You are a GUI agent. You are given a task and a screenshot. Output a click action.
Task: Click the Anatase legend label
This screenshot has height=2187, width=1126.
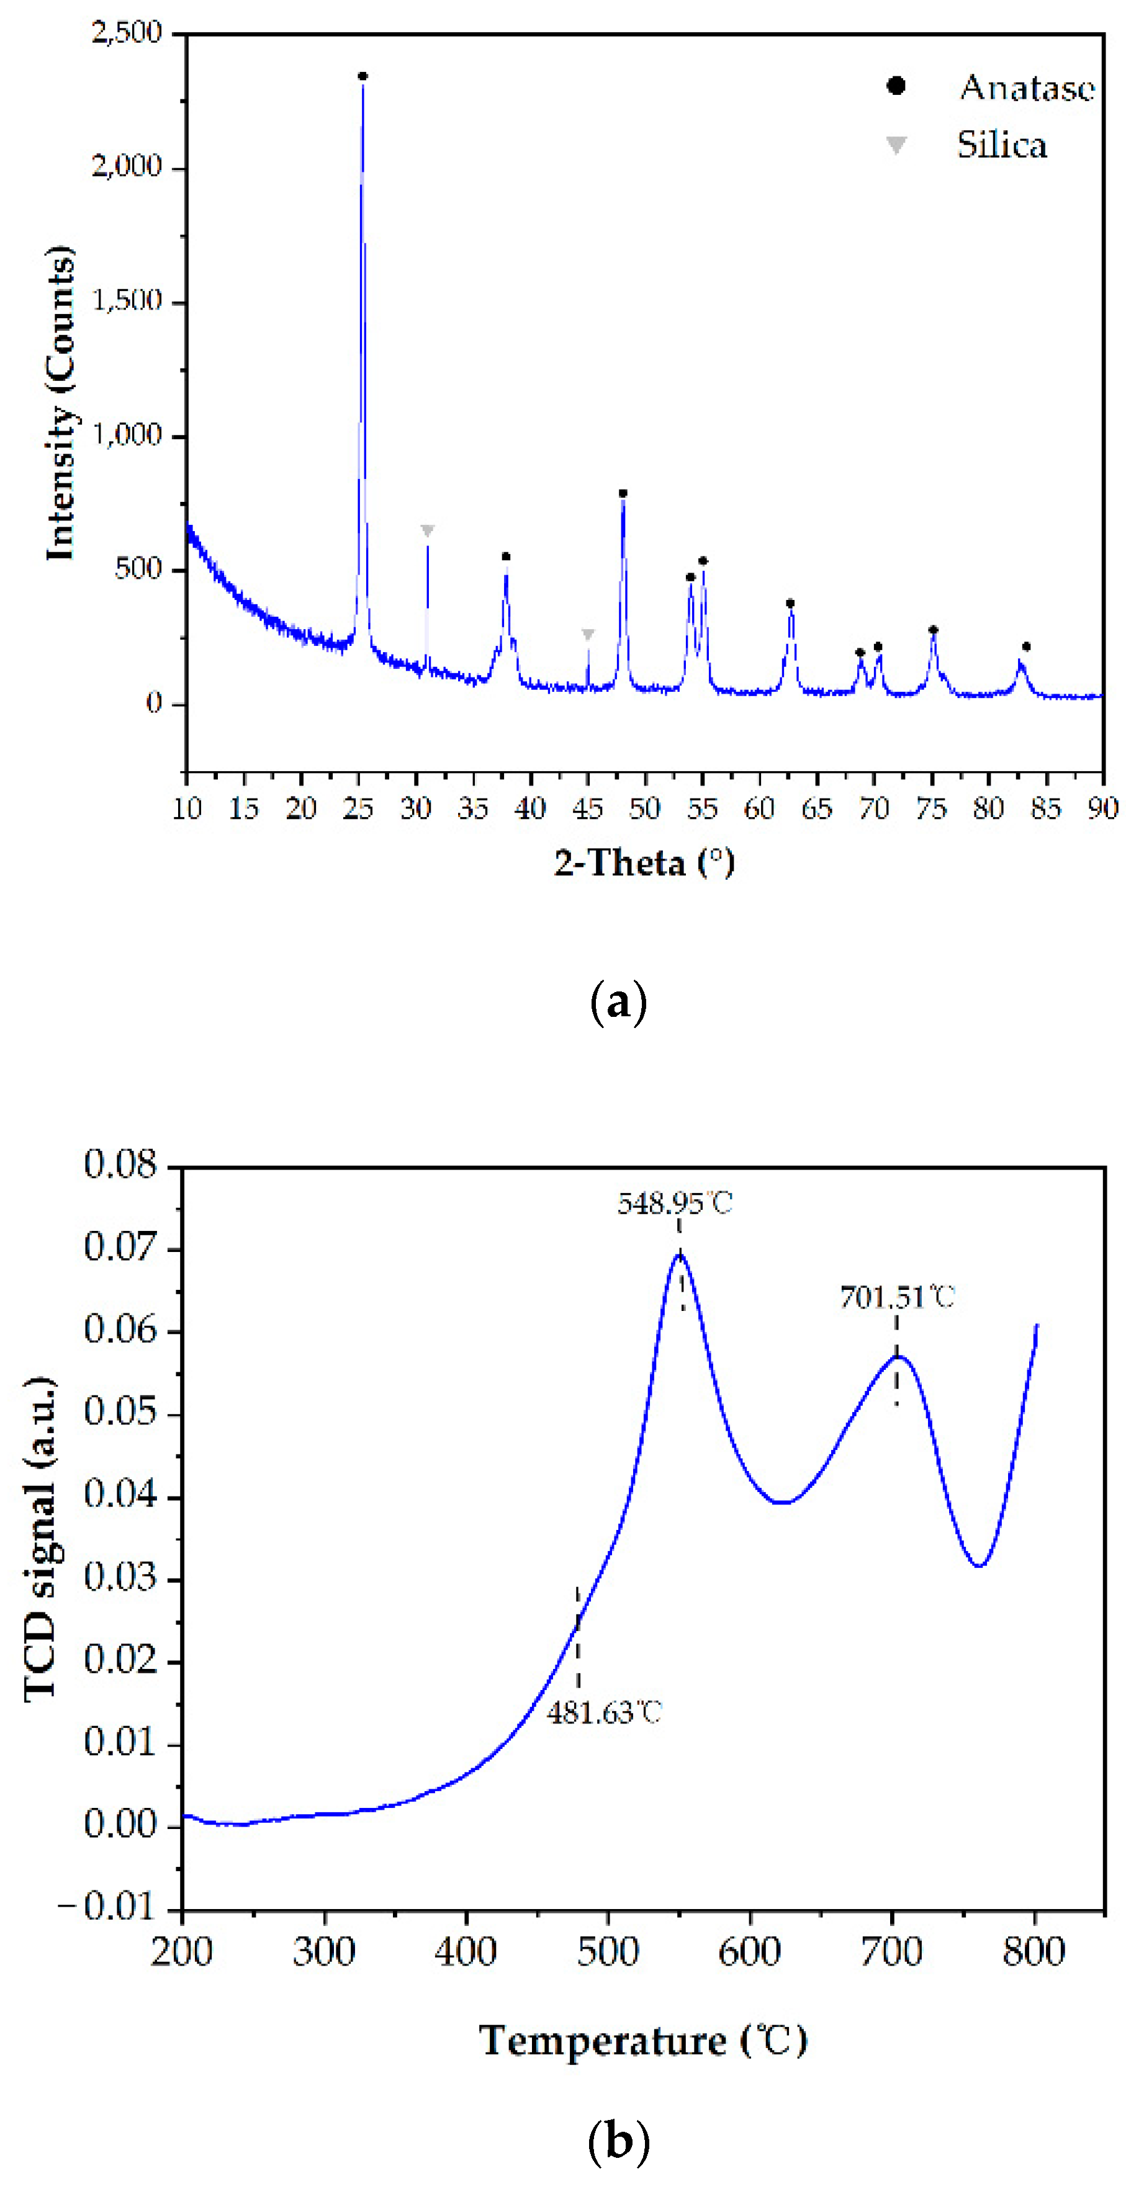point(1027,87)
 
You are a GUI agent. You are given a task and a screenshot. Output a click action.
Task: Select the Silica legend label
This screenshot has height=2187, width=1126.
point(1002,145)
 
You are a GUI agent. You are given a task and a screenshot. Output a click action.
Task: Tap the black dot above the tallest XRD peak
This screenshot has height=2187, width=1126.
point(363,76)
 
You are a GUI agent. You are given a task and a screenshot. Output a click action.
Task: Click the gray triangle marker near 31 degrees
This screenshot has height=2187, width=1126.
point(427,530)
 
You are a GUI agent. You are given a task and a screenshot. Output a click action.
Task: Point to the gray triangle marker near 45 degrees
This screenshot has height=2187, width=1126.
point(588,634)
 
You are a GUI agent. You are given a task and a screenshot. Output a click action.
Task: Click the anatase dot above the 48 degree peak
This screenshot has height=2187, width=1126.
point(623,493)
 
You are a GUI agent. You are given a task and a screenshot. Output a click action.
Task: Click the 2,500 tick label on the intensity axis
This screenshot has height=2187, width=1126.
point(127,33)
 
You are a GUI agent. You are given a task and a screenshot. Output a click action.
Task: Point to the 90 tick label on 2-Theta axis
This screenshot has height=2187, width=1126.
point(1102,808)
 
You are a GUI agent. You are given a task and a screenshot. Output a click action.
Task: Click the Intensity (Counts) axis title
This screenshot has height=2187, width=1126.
point(60,403)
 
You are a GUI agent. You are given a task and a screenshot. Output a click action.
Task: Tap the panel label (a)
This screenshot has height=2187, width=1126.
point(618,1003)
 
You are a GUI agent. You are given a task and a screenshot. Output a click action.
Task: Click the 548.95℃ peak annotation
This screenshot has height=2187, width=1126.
point(674,1203)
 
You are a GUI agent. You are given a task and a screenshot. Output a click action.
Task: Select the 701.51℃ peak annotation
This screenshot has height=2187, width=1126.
point(897,1297)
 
